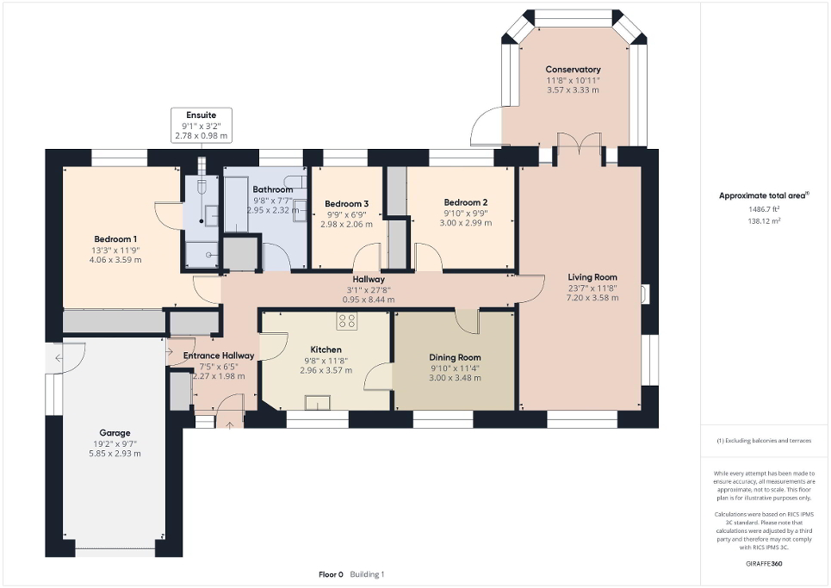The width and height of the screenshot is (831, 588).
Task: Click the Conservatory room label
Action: (x=573, y=70)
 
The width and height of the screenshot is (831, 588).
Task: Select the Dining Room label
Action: (x=455, y=357)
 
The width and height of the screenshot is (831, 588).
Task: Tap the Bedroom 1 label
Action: (x=116, y=239)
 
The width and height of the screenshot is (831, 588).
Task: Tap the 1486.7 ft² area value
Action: (x=765, y=209)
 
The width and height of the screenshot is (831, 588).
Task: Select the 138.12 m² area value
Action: (x=765, y=221)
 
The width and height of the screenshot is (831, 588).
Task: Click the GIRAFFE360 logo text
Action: (x=765, y=563)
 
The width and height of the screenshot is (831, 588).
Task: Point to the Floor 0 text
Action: (x=331, y=574)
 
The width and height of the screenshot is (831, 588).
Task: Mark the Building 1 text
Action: (x=368, y=574)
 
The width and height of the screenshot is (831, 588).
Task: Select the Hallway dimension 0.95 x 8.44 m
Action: (x=362, y=299)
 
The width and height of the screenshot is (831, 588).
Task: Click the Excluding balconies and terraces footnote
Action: (x=764, y=441)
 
